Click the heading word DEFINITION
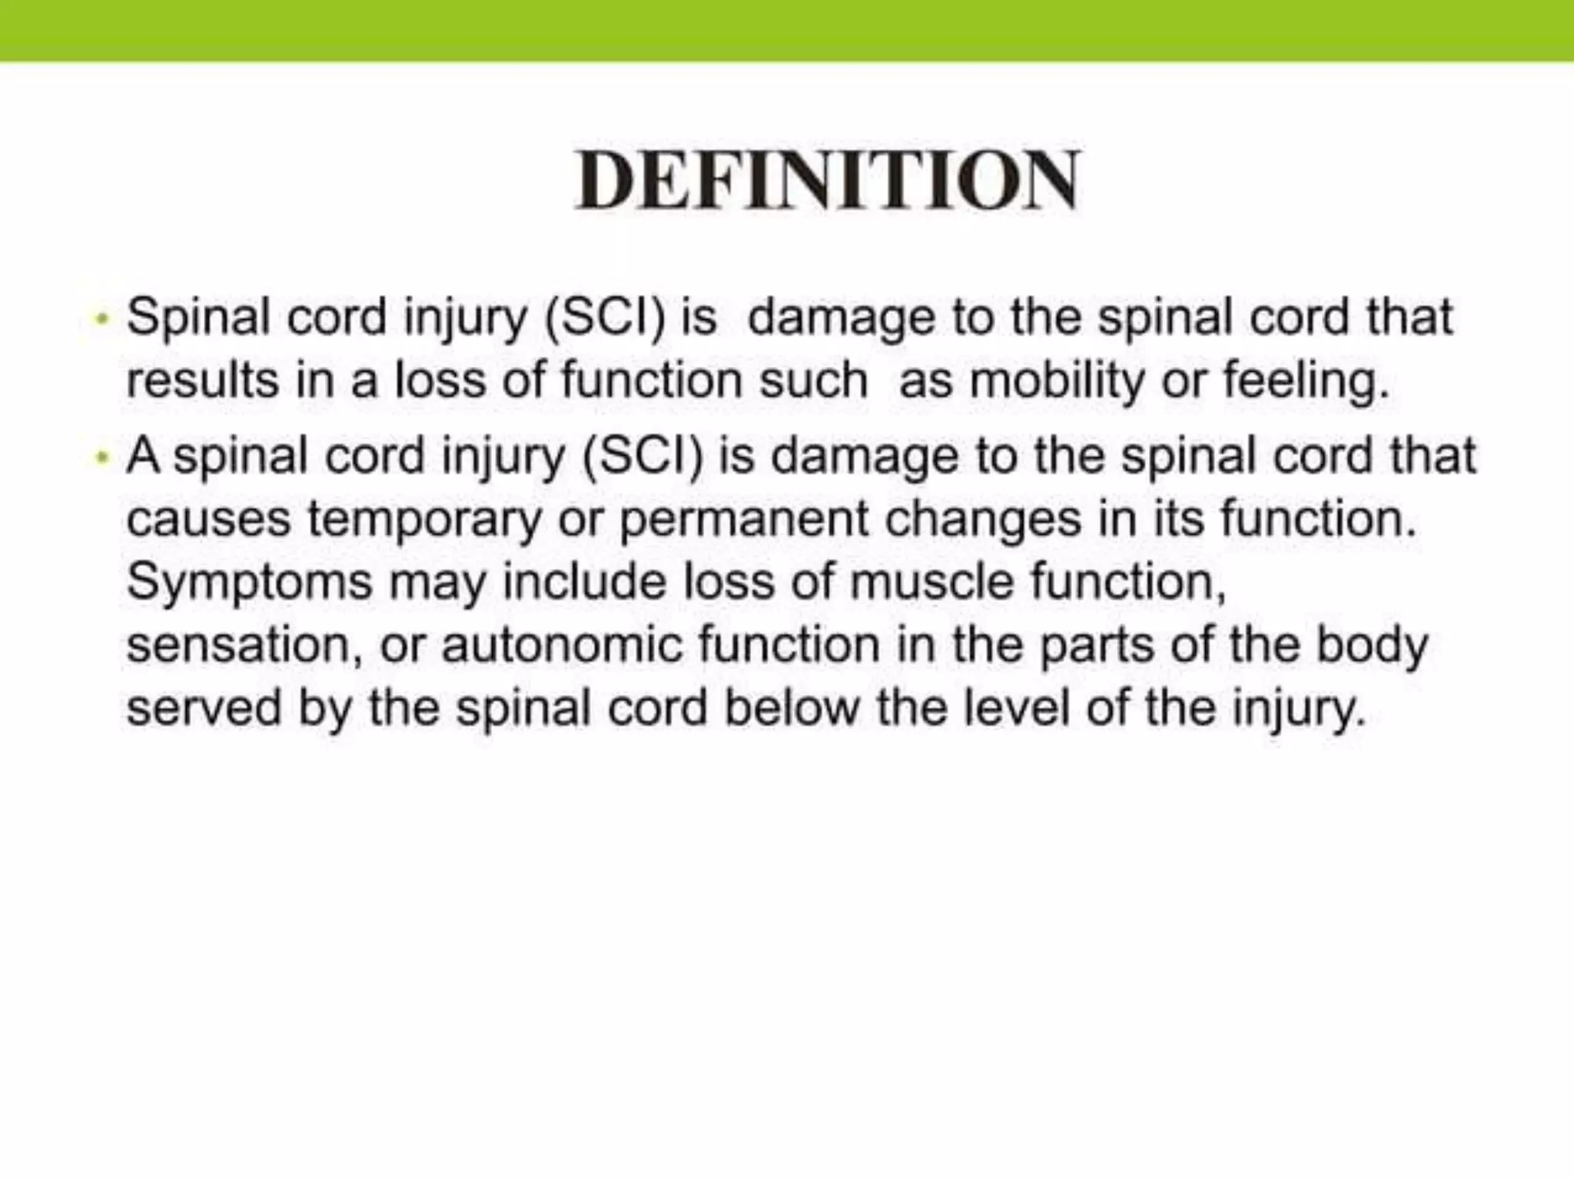click(827, 181)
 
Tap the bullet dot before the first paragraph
click(100, 317)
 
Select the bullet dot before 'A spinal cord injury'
click(100, 457)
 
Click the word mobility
click(1057, 381)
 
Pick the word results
click(202, 381)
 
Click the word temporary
click(424, 520)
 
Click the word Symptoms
click(249, 583)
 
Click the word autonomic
click(562, 645)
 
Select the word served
click(204, 707)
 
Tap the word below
click(791, 707)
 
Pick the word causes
click(208, 520)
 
